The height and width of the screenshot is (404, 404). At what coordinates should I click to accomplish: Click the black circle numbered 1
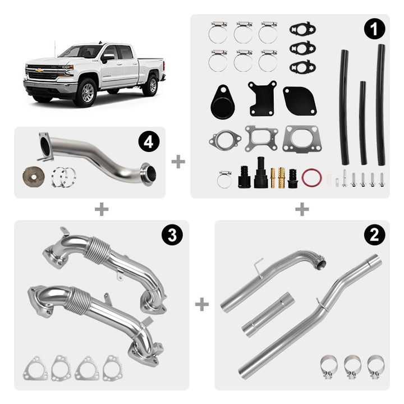click(x=374, y=29)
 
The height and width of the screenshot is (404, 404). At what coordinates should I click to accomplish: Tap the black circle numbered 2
click(x=374, y=235)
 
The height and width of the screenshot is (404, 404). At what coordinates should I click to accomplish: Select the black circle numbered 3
click(x=172, y=235)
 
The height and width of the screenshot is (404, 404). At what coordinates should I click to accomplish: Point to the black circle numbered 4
click(x=149, y=142)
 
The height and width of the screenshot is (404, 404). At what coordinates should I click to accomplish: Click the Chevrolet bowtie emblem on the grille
click(x=39, y=70)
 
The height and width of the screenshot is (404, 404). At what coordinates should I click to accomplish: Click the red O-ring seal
click(x=311, y=177)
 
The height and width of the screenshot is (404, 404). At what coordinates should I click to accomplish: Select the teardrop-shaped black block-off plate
click(x=223, y=102)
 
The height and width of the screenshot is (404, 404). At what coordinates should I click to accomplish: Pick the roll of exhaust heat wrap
click(x=34, y=177)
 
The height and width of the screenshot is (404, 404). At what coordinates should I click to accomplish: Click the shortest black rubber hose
click(x=363, y=123)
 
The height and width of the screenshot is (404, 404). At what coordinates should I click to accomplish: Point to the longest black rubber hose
click(x=380, y=104)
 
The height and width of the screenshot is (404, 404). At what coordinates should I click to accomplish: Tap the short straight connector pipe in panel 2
click(x=268, y=315)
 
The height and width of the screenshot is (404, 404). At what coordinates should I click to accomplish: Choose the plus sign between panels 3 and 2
click(x=202, y=304)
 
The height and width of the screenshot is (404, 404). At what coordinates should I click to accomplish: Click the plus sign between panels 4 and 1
click(x=178, y=162)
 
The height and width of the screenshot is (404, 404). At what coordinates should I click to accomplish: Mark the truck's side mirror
click(x=107, y=58)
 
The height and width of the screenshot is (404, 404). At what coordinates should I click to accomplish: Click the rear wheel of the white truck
click(x=151, y=85)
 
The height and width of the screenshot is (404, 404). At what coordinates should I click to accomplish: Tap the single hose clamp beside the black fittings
click(x=224, y=179)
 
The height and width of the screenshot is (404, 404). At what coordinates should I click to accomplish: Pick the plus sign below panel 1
click(x=302, y=209)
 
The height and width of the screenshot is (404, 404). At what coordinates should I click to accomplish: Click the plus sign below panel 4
click(x=102, y=209)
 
